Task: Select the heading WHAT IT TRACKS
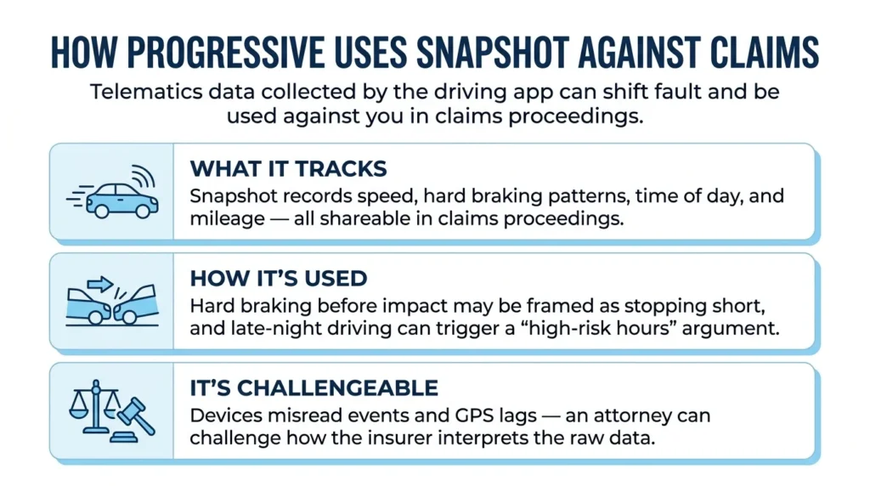coord(289,169)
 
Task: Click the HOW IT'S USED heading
coord(279,279)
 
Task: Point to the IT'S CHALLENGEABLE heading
coord(314,388)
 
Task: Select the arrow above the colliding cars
coord(100,285)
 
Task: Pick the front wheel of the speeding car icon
coord(143,211)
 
